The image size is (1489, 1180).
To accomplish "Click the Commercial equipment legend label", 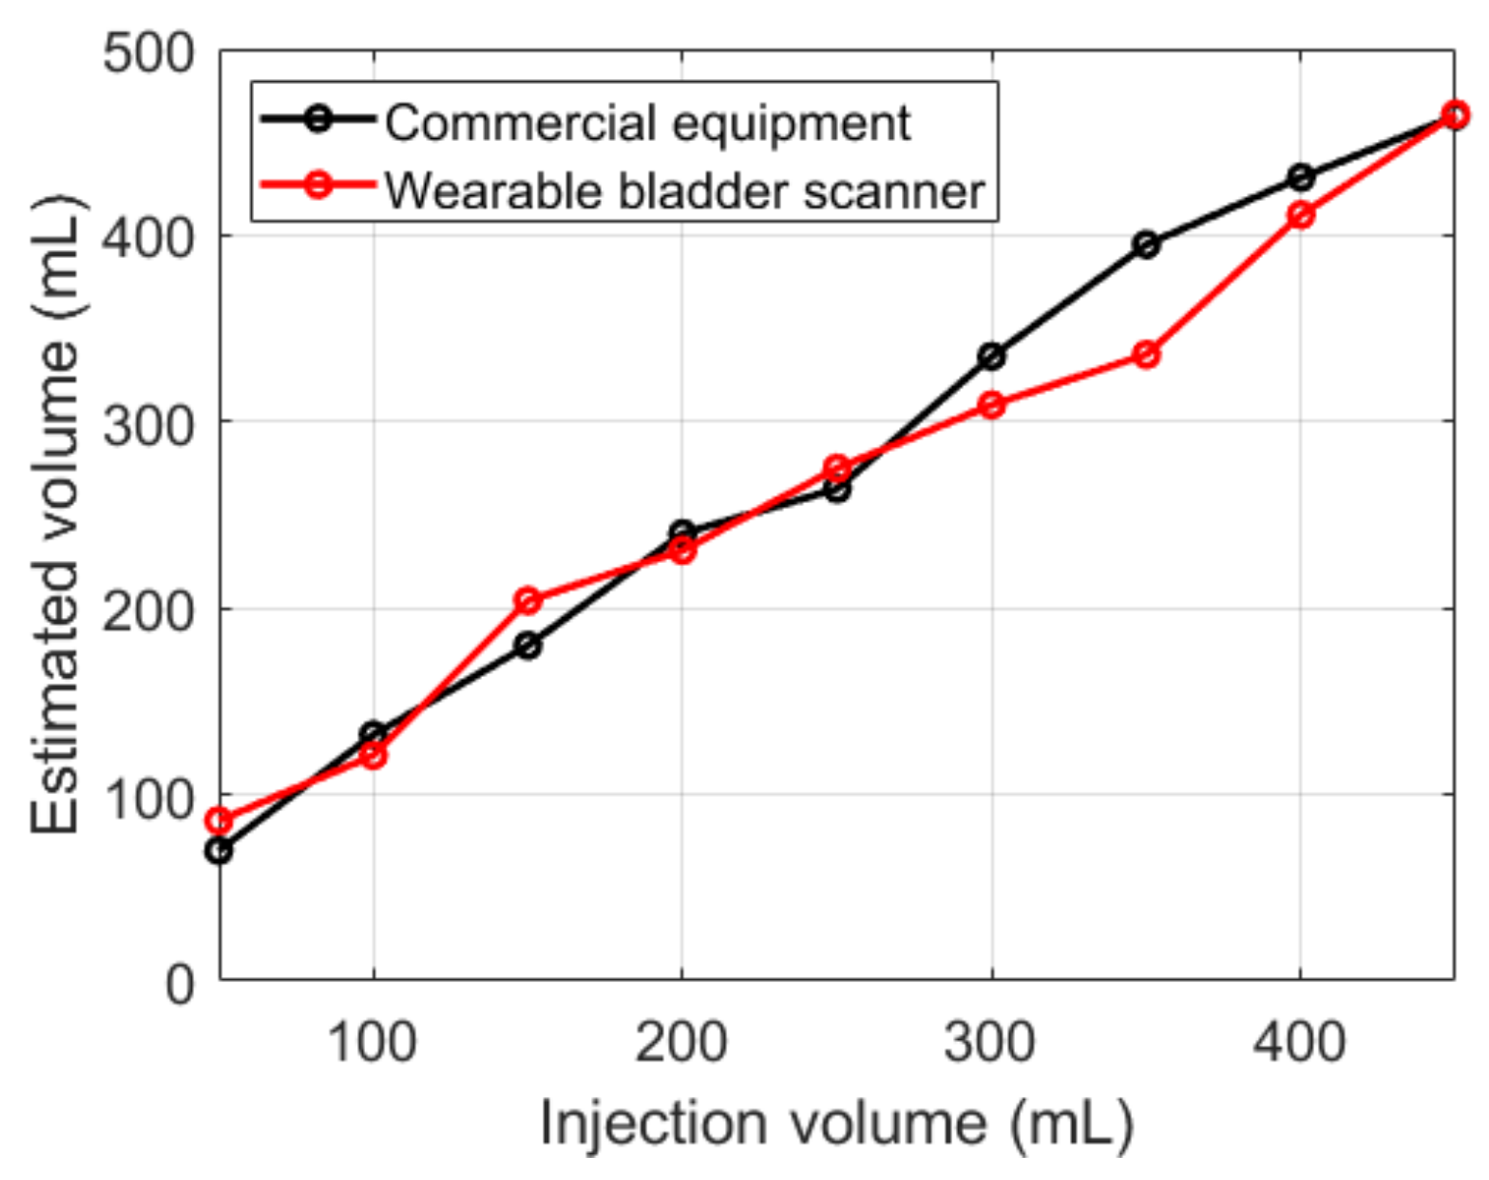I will (647, 123).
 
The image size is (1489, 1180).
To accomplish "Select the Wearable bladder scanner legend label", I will (685, 190).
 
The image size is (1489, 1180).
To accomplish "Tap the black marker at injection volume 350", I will (1146, 245).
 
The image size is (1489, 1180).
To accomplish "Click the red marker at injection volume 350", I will (1146, 355).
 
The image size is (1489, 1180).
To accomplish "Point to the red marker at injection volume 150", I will (527, 601).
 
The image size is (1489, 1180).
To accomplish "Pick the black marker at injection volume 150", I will (527, 645).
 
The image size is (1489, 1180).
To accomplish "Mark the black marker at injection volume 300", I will (992, 357).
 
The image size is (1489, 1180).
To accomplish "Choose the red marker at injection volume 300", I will (992, 405).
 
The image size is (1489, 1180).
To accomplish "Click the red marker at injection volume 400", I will (1301, 214).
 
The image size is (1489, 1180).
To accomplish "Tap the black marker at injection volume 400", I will (1301, 178).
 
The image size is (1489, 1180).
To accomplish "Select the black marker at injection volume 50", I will (219, 851).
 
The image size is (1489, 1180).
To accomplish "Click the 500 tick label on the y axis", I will (149, 53).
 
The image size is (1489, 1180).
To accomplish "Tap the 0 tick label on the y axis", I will (180, 986).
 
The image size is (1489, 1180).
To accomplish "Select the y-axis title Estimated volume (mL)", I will (55, 517).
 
